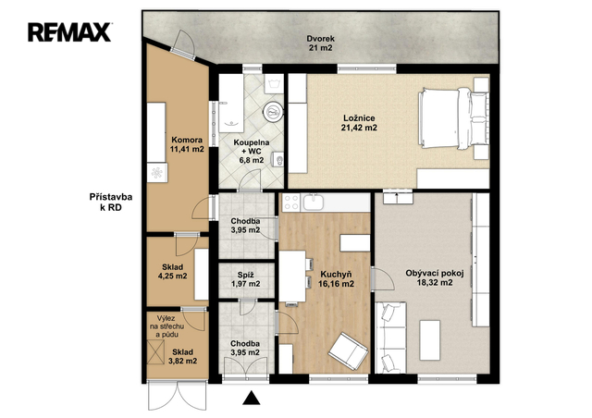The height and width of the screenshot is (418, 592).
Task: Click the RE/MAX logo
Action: pyautogui.click(x=69, y=31)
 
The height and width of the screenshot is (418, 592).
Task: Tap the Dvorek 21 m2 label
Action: pyautogui.click(x=321, y=43)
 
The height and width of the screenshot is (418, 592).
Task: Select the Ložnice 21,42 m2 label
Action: pyautogui.click(x=359, y=123)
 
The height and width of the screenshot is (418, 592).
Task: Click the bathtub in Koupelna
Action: pyautogui.click(x=231, y=103)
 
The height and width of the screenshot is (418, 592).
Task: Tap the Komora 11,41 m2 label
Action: pyautogui.click(x=187, y=144)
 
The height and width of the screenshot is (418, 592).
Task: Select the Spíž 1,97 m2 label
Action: pyautogui.click(x=245, y=279)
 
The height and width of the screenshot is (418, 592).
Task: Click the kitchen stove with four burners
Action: pyautogui.click(x=291, y=202)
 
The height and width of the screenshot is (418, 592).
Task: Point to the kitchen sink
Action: pyautogui.click(x=314, y=202)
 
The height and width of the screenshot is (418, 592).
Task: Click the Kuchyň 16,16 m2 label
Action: pyautogui.click(x=336, y=278)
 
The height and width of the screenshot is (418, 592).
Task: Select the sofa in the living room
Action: pyautogui.click(x=390, y=338)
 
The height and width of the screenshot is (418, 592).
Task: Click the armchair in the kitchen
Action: pyautogui.click(x=348, y=351)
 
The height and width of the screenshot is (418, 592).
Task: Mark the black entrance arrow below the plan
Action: pyautogui.click(x=251, y=398)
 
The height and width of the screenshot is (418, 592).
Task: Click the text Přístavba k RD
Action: pyautogui.click(x=111, y=202)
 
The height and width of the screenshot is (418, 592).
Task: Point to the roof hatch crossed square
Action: pyautogui.click(x=155, y=352)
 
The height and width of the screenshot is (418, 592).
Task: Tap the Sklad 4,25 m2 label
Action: pyautogui.click(x=173, y=272)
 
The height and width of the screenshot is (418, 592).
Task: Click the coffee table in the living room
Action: pyautogui.click(x=429, y=339)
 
